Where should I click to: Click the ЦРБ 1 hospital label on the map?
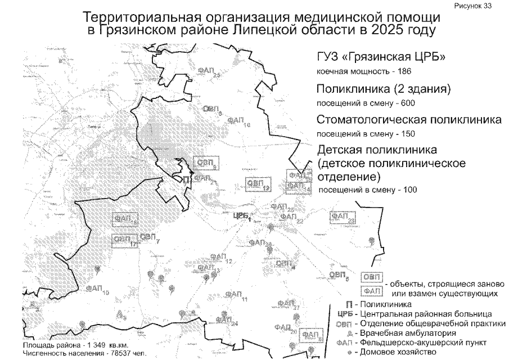(x=241, y=214)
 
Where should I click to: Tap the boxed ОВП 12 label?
(x=259, y=184)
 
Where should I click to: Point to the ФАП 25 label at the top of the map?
(x=209, y=70)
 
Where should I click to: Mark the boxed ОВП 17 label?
(x=125, y=240)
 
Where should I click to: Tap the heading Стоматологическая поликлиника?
(x=409, y=120)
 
